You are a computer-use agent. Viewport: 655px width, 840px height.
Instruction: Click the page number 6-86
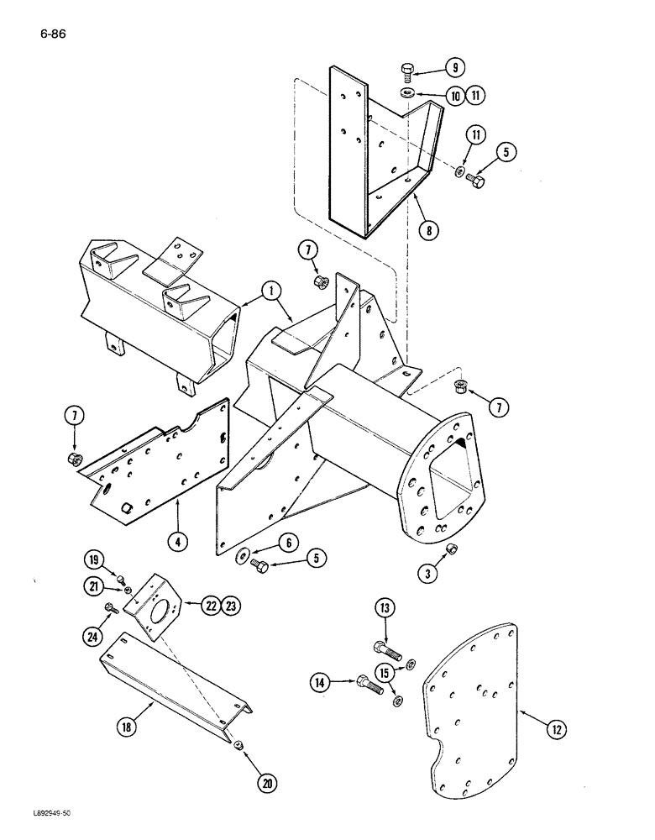point(52,34)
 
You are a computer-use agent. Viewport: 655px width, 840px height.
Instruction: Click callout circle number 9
point(454,67)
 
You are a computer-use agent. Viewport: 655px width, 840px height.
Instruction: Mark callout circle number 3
point(429,575)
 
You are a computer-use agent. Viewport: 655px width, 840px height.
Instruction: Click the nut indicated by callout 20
point(239,744)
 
